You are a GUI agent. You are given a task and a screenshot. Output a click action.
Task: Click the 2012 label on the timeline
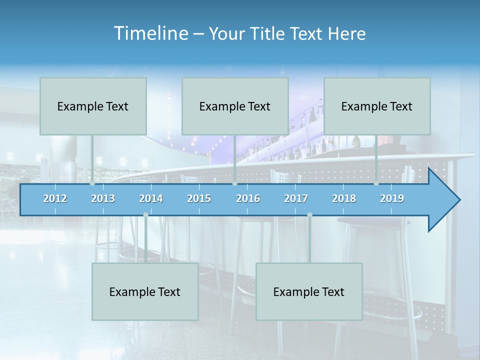pyautogui.click(x=55, y=198)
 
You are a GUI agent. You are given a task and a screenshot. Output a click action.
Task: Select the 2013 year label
pyautogui.click(x=103, y=198)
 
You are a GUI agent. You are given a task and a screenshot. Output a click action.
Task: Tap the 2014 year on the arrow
pyautogui.click(x=151, y=198)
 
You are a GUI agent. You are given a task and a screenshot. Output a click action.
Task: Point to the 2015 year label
pyautogui.click(x=199, y=198)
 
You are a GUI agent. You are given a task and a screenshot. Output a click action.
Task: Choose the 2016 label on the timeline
pyautogui.click(x=248, y=198)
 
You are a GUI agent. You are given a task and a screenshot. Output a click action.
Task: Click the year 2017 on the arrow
pyautogui.click(x=296, y=198)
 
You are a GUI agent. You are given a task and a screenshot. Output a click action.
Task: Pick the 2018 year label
pyautogui.click(x=344, y=198)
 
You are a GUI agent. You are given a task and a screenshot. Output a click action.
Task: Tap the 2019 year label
pyautogui.click(x=392, y=198)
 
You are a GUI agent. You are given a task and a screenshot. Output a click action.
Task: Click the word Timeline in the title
pyautogui.click(x=150, y=33)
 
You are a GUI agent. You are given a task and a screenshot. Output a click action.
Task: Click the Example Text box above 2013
pyautogui.click(x=93, y=106)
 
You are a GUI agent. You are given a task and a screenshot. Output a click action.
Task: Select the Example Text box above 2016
pyautogui.click(x=235, y=106)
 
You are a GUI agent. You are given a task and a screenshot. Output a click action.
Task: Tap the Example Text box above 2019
pyautogui.click(x=377, y=106)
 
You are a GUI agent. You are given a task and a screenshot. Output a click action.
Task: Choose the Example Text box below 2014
pyautogui.click(x=145, y=291)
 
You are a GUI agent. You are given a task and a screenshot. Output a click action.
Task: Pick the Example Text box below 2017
pyautogui.click(x=309, y=291)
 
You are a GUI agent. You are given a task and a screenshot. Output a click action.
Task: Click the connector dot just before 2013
pyautogui.click(x=92, y=183)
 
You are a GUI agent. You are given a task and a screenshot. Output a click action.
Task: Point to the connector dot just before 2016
pyautogui.click(x=234, y=183)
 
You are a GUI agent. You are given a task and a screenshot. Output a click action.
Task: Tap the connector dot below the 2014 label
pyautogui.click(x=145, y=214)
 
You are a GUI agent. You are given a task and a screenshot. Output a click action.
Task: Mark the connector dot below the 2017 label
pyautogui.click(x=309, y=214)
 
